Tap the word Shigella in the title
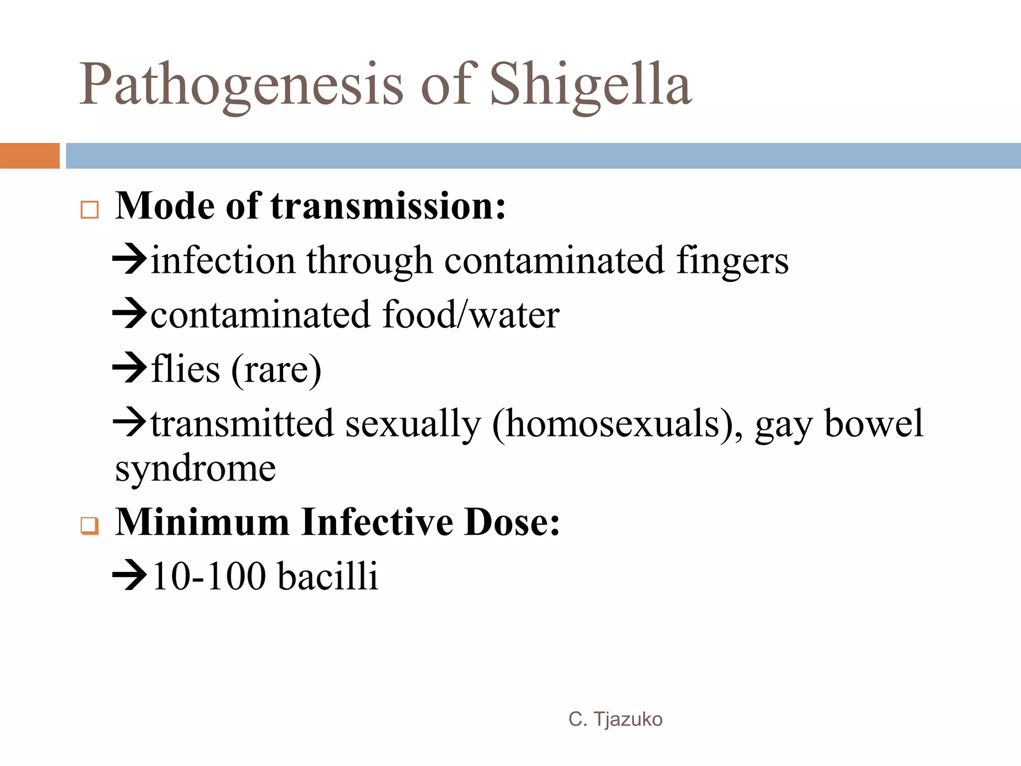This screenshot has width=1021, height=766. [591, 85]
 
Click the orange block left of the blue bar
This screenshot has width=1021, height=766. [29, 156]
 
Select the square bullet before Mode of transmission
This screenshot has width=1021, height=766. [90, 210]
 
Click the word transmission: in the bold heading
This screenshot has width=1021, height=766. [388, 206]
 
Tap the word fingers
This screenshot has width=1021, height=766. [732, 261]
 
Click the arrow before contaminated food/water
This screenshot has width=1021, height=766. [130, 314]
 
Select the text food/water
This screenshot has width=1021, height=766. [471, 315]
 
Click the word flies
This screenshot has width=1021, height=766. [185, 369]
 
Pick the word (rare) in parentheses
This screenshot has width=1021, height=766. [276, 370]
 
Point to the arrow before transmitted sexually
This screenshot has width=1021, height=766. [130, 422]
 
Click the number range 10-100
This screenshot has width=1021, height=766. [209, 576]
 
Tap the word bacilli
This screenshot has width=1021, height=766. [328, 576]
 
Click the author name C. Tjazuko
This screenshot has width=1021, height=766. [615, 719]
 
